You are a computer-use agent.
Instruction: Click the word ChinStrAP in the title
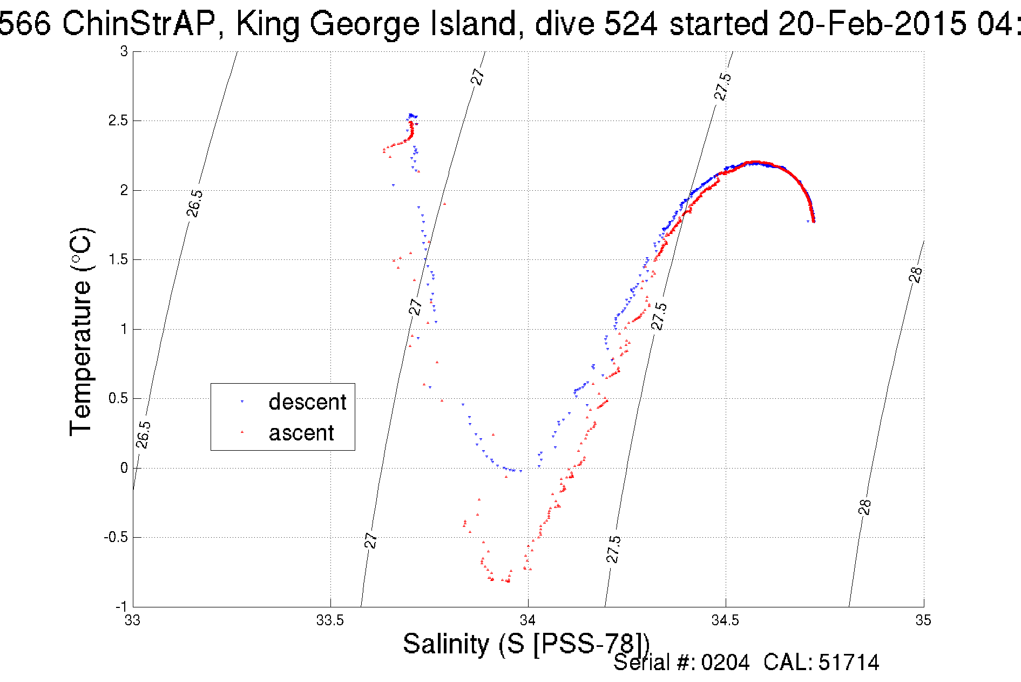[x=139, y=24]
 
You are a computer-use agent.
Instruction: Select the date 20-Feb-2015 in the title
[x=871, y=24]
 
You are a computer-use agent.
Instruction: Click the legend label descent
[x=307, y=402]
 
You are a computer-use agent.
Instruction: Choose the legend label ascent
[x=301, y=433]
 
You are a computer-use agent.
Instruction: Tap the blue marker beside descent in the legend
[x=242, y=402]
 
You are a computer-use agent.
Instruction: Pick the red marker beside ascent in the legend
[x=242, y=432]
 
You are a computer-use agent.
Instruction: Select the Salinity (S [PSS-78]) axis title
[x=526, y=644]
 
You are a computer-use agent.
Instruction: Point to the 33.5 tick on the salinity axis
[x=330, y=620]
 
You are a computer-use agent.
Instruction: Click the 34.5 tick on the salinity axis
[x=725, y=620]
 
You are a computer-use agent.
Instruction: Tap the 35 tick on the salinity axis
[x=923, y=620]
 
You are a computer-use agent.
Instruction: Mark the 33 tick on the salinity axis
[x=133, y=620]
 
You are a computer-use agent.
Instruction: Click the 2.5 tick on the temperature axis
[x=118, y=121]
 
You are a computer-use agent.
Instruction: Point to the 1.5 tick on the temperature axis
[x=118, y=259]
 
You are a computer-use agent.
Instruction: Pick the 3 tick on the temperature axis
[x=124, y=51]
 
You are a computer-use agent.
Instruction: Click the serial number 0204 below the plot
[x=725, y=663]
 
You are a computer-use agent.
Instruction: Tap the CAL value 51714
[x=849, y=663]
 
